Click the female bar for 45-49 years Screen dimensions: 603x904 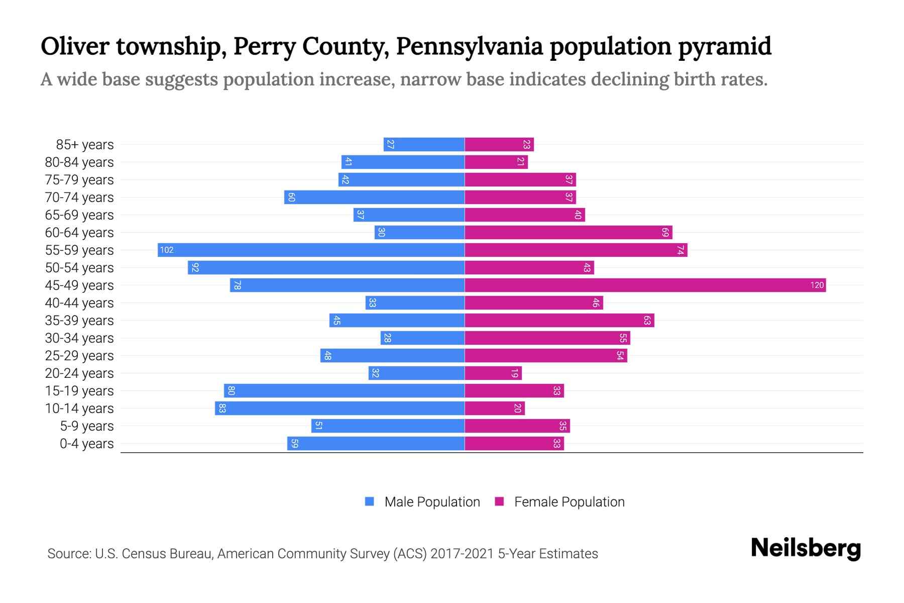click(645, 285)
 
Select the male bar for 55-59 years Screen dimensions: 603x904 click(311, 250)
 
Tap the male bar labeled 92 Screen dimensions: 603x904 click(326, 268)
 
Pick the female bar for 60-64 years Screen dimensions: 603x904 click(568, 233)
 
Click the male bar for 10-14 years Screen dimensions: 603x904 click(340, 409)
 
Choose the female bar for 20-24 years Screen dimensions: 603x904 click(493, 373)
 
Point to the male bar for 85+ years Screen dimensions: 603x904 click(424, 145)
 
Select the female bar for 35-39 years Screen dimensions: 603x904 click(559, 321)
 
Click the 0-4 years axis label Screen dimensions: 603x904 click(86, 444)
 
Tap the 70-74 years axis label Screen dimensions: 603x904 click(79, 197)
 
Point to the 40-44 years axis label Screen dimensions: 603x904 click(79, 303)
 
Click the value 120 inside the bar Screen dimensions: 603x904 click(817, 285)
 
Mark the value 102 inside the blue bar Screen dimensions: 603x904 click(167, 250)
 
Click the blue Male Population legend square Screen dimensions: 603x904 click(370, 501)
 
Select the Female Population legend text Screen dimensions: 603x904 click(569, 502)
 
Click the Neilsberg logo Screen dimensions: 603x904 click(806, 548)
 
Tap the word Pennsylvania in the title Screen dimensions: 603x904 click(470, 46)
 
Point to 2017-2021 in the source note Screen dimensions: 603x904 click(462, 554)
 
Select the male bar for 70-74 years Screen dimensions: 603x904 click(374, 197)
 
